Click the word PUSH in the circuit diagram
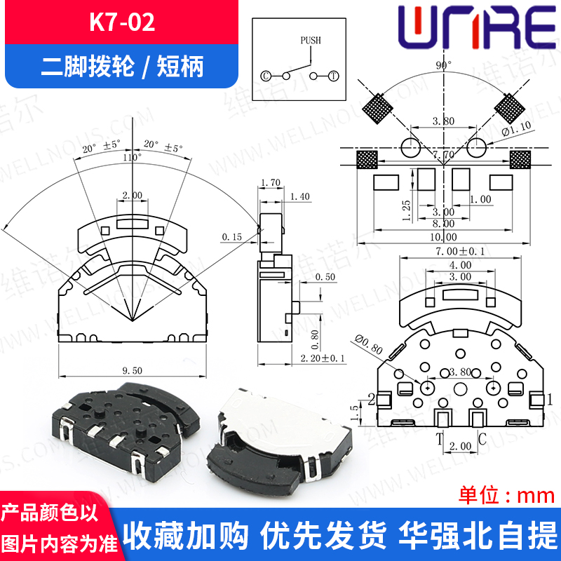310,40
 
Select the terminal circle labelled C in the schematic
266,75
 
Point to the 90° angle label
443,65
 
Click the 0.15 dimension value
231,238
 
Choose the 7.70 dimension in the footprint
443,154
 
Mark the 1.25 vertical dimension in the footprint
407,209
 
